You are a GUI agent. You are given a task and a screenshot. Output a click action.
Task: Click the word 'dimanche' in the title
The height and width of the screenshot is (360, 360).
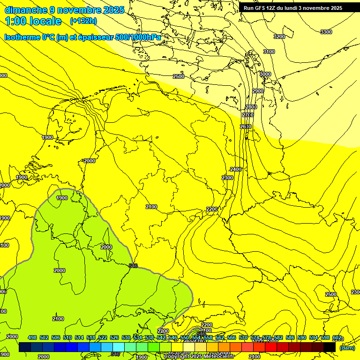point(26,10)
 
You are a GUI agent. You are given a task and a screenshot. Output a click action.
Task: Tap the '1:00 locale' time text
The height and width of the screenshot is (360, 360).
point(33,21)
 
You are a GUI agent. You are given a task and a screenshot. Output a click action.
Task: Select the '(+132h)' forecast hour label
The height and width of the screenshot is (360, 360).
point(84,21)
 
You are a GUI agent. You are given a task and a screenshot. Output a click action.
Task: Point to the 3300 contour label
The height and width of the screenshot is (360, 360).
point(326,32)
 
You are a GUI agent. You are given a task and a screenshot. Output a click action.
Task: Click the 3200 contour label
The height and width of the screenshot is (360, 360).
point(279,37)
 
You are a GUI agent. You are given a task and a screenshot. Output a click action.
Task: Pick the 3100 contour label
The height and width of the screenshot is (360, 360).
point(269,52)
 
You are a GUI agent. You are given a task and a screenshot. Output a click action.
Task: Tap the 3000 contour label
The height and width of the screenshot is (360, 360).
point(265,74)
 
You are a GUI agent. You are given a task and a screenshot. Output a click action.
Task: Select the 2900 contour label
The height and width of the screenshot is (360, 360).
point(258,91)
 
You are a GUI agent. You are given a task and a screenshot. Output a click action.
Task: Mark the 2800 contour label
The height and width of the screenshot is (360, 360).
point(251,107)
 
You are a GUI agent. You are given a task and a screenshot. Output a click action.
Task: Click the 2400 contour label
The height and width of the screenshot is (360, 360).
point(236,169)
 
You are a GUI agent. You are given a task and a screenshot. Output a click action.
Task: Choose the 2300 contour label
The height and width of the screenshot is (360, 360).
point(227,178)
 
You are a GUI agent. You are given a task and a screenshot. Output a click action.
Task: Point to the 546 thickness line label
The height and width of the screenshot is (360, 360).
point(133,266)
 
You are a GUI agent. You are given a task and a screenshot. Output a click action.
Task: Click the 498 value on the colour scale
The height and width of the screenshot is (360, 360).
point(32,338)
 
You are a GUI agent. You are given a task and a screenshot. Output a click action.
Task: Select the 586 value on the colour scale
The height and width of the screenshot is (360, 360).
point(291,338)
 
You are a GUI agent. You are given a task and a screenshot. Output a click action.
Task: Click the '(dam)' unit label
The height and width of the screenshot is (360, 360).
point(347,348)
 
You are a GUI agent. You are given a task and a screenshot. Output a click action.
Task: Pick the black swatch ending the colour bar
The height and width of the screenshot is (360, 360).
point(330,347)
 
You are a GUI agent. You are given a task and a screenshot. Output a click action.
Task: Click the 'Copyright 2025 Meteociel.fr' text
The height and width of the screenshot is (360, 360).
point(199,356)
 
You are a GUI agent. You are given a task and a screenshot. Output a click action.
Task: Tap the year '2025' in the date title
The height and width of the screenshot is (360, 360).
point(113,10)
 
